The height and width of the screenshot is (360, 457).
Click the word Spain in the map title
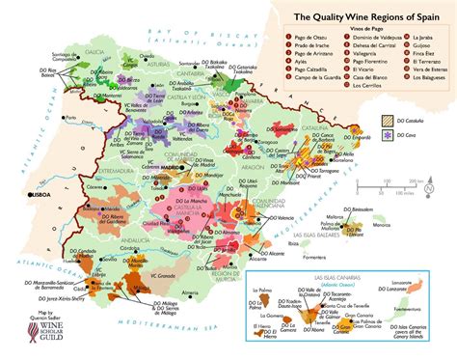pos(426,16)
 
